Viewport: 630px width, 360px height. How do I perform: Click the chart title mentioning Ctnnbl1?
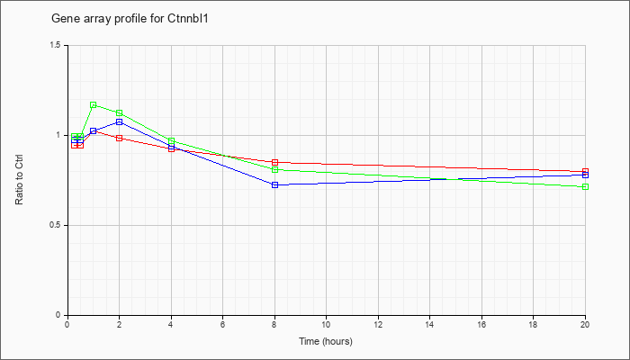pos(130,19)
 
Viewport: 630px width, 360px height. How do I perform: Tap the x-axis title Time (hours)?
pos(326,341)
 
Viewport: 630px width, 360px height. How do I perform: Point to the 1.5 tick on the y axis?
pos(59,45)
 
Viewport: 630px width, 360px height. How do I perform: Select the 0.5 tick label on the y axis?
pos(59,225)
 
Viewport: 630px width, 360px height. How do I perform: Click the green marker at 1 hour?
pos(94,105)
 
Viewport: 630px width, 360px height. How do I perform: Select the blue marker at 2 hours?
pos(120,121)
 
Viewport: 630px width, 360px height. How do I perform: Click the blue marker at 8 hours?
pos(274,184)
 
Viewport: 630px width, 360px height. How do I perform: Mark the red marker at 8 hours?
pos(274,162)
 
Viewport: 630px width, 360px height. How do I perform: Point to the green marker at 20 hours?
pos(585,187)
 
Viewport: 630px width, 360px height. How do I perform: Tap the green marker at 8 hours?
pos(274,169)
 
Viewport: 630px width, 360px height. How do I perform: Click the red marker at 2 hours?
pos(120,138)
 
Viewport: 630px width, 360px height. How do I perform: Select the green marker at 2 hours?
pos(120,112)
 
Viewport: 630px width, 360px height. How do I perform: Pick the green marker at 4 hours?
pos(172,141)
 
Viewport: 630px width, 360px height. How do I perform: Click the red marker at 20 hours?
pos(585,172)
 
